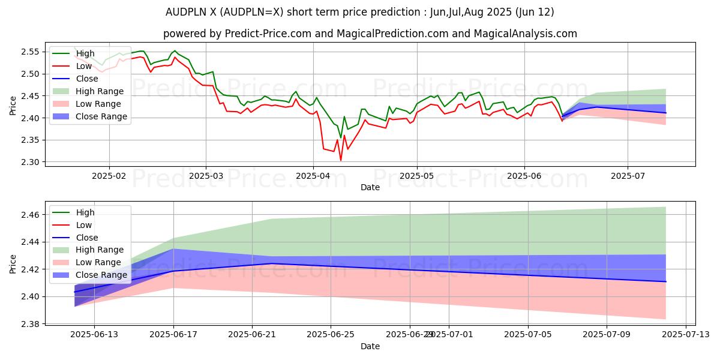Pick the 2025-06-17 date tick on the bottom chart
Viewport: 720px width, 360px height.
(173, 335)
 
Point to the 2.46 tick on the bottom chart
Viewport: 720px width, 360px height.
(31, 215)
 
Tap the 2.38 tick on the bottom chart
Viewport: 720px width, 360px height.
(31, 324)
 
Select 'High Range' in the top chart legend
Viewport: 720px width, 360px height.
(100, 91)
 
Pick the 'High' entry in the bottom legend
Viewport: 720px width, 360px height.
(85, 212)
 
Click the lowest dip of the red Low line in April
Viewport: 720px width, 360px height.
(341, 160)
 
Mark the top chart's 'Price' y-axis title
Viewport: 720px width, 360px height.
(13, 105)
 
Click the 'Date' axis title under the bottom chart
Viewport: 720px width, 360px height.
(370, 346)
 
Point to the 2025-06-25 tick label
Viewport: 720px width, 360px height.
(331, 335)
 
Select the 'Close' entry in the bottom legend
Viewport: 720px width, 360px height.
(87, 238)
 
